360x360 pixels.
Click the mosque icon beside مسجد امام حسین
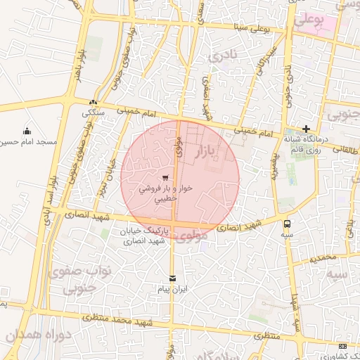27,131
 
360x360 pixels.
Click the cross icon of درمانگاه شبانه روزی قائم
306,129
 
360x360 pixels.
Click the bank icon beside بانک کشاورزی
342,347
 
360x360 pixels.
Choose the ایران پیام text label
172,289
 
